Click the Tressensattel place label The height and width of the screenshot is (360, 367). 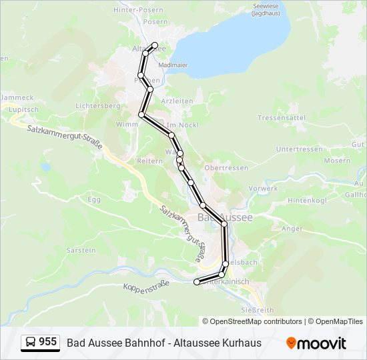[x=281, y=117]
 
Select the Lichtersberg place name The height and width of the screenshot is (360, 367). [x=97, y=105]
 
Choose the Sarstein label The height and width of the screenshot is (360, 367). [x=81, y=250]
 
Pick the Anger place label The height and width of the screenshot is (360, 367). [x=292, y=229]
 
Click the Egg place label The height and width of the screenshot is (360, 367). [x=93, y=199]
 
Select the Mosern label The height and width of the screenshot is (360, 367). [x=336, y=161]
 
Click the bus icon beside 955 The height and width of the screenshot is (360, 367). [x=30, y=343]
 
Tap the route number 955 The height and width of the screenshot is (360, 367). [x=47, y=342]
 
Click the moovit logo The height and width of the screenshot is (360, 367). [x=316, y=343]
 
